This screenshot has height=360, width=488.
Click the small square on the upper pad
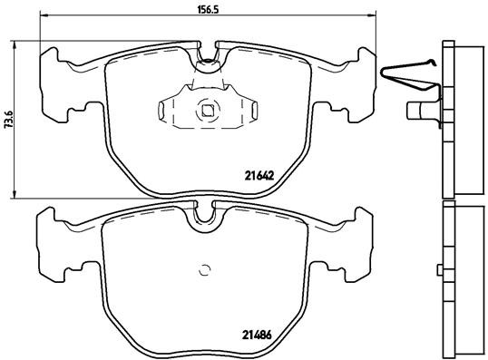tap(208, 112)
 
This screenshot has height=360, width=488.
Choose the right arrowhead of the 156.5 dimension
tap(368, 15)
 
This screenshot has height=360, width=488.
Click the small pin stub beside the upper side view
tap(418, 112)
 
